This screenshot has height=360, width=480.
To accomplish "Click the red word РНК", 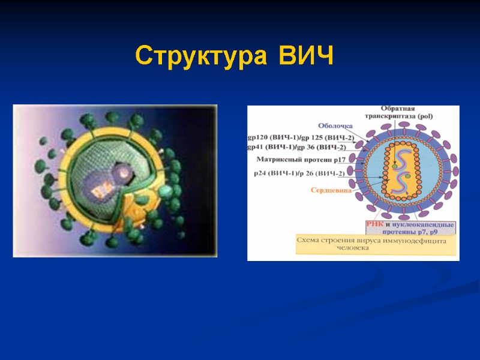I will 374,224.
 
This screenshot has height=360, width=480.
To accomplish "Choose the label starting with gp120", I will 300,137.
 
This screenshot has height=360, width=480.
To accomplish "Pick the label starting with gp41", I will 296,148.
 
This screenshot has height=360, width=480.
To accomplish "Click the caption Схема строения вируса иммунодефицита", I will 374,240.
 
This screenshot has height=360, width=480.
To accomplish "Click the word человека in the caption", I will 353,247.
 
